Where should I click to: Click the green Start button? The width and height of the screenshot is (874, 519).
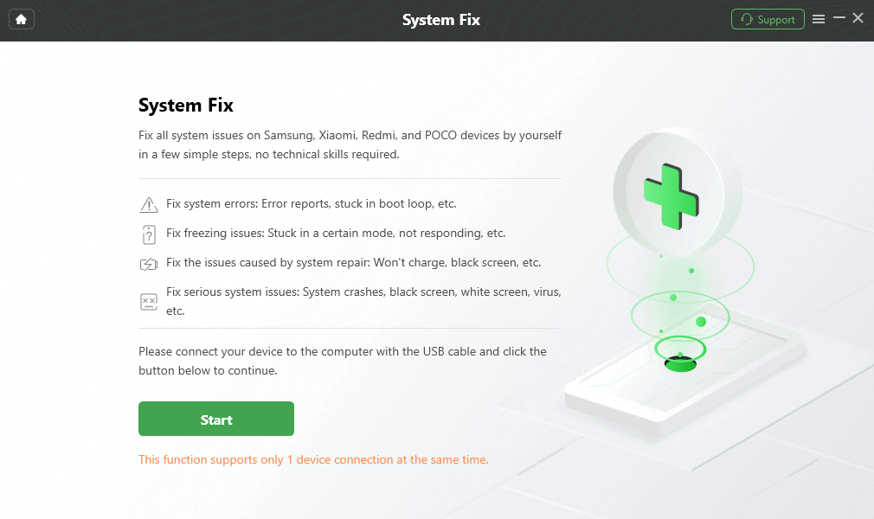(215, 420)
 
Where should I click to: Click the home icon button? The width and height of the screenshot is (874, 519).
(22, 19)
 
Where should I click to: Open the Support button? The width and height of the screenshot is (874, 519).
(768, 19)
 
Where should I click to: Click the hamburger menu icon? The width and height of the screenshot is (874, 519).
(819, 19)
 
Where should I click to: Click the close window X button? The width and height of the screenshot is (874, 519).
(858, 18)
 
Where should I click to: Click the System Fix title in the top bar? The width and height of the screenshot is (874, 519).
(440, 20)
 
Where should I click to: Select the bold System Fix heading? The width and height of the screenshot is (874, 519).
(186, 106)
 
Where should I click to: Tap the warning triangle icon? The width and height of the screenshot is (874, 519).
(149, 205)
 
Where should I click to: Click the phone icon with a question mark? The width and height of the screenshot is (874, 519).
(149, 234)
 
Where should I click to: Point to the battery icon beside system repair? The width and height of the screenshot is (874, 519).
(149, 264)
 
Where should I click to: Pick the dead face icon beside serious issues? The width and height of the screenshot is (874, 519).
(149, 302)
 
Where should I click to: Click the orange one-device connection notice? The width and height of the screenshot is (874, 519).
(313, 459)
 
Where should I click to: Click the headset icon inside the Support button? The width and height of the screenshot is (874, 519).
(747, 19)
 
